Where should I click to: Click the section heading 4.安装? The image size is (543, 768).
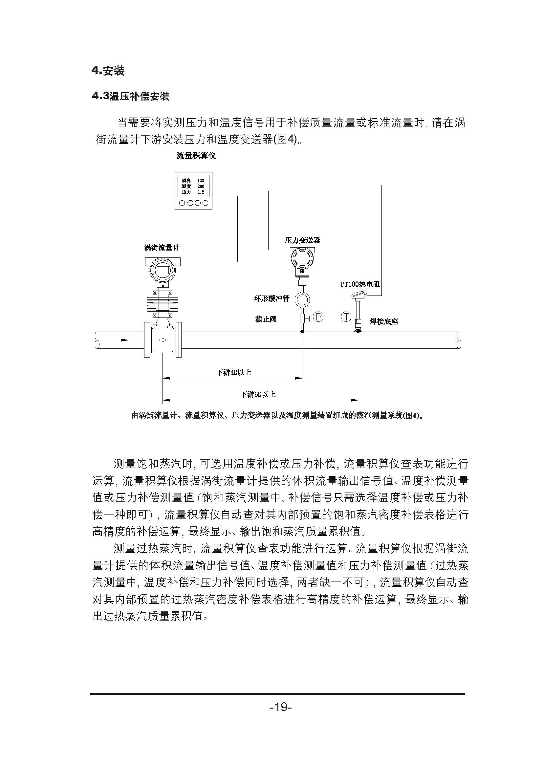108,71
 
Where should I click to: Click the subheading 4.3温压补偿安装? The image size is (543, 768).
131,96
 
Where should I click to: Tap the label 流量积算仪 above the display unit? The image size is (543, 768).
196,156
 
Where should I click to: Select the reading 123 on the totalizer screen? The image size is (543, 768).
201,181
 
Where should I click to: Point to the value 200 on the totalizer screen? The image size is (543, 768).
201,186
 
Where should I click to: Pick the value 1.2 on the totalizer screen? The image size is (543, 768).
201,192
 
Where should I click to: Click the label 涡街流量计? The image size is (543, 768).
162,248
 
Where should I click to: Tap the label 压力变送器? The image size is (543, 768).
302,240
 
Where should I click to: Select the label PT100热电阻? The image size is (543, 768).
360,284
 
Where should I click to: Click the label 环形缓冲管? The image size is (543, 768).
271,298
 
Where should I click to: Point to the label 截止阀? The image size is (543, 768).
266,319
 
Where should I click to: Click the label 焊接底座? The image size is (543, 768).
384,322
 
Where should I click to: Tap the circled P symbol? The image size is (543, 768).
318,317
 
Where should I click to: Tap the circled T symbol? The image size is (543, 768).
346,317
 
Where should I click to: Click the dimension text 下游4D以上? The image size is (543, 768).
234,372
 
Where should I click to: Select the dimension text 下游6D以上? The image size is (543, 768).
258,394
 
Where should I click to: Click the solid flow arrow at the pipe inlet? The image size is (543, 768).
119,340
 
